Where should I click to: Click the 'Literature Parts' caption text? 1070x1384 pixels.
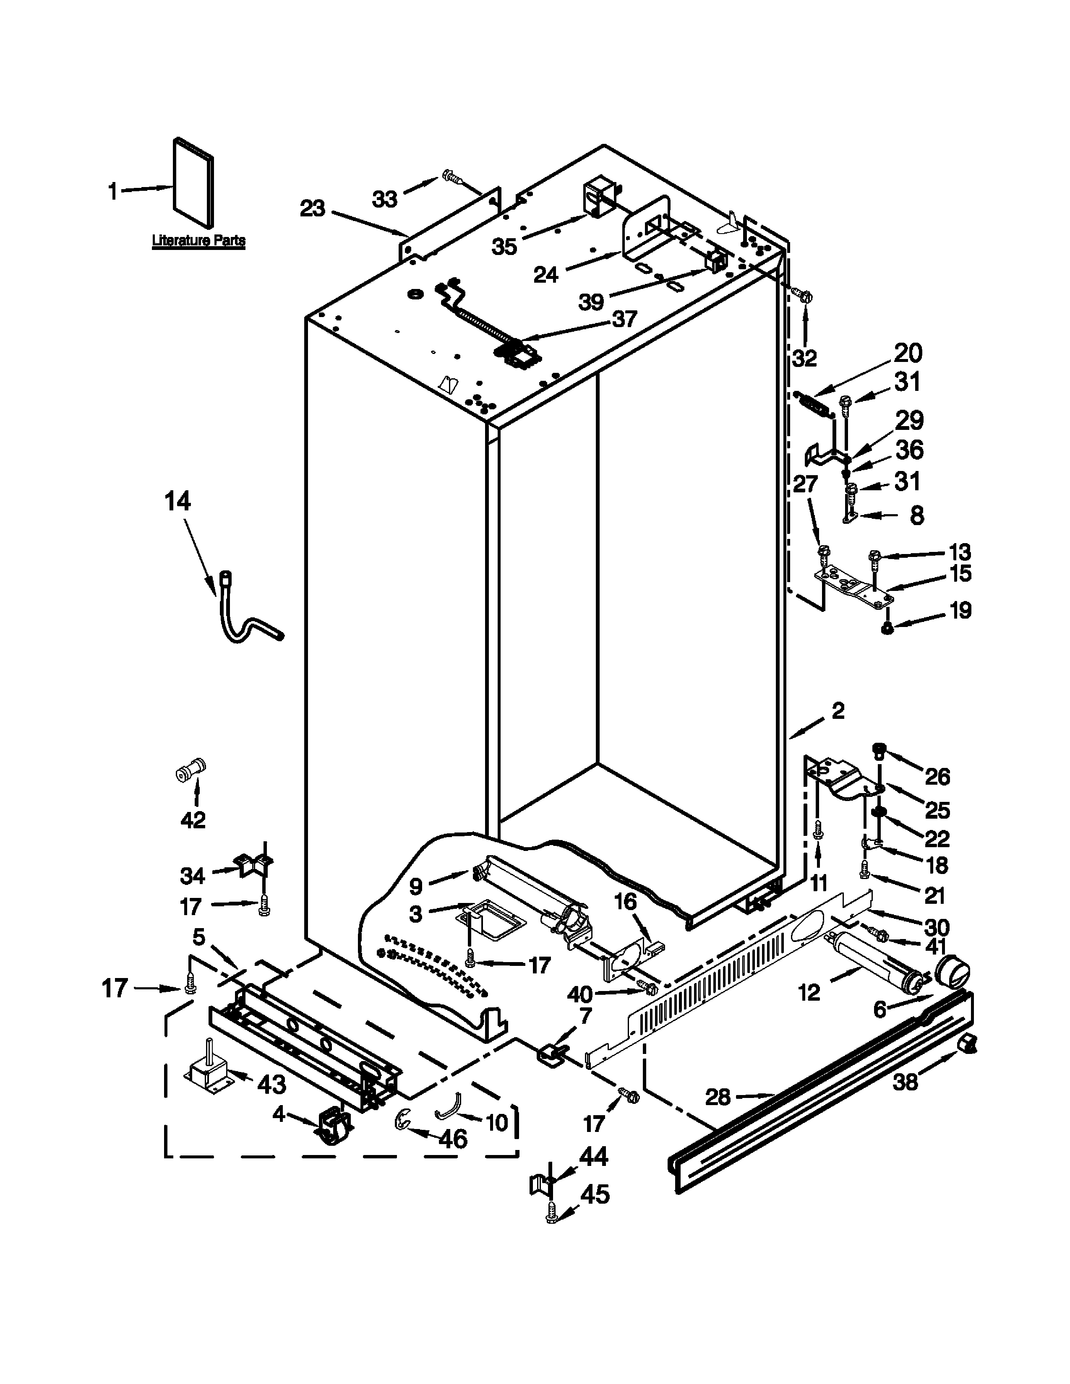pos(198,241)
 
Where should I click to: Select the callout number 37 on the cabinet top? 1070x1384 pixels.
pos(624,319)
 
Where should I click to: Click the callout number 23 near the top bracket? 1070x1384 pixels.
pos(313,208)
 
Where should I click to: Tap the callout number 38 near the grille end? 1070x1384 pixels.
pos(905,1082)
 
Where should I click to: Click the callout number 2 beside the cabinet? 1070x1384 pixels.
pos(838,711)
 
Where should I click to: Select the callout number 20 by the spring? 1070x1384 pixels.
pos(908,353)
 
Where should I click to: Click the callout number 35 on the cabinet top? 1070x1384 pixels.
pos(504,246)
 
